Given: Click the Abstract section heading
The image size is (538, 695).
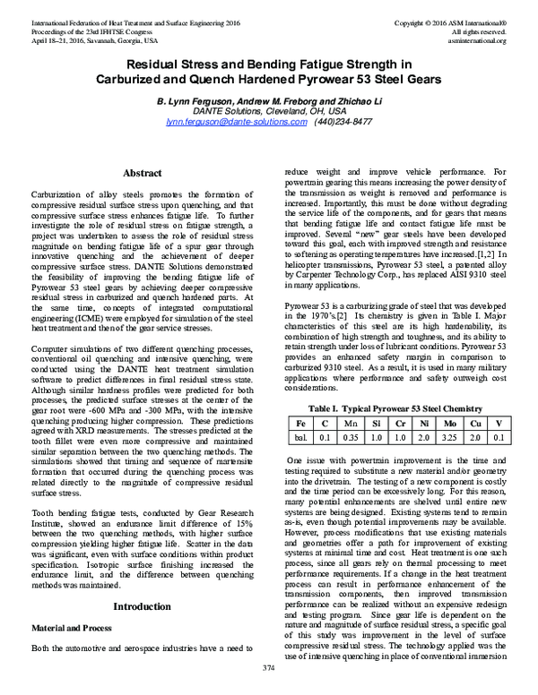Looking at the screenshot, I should (x=141, y=172).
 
